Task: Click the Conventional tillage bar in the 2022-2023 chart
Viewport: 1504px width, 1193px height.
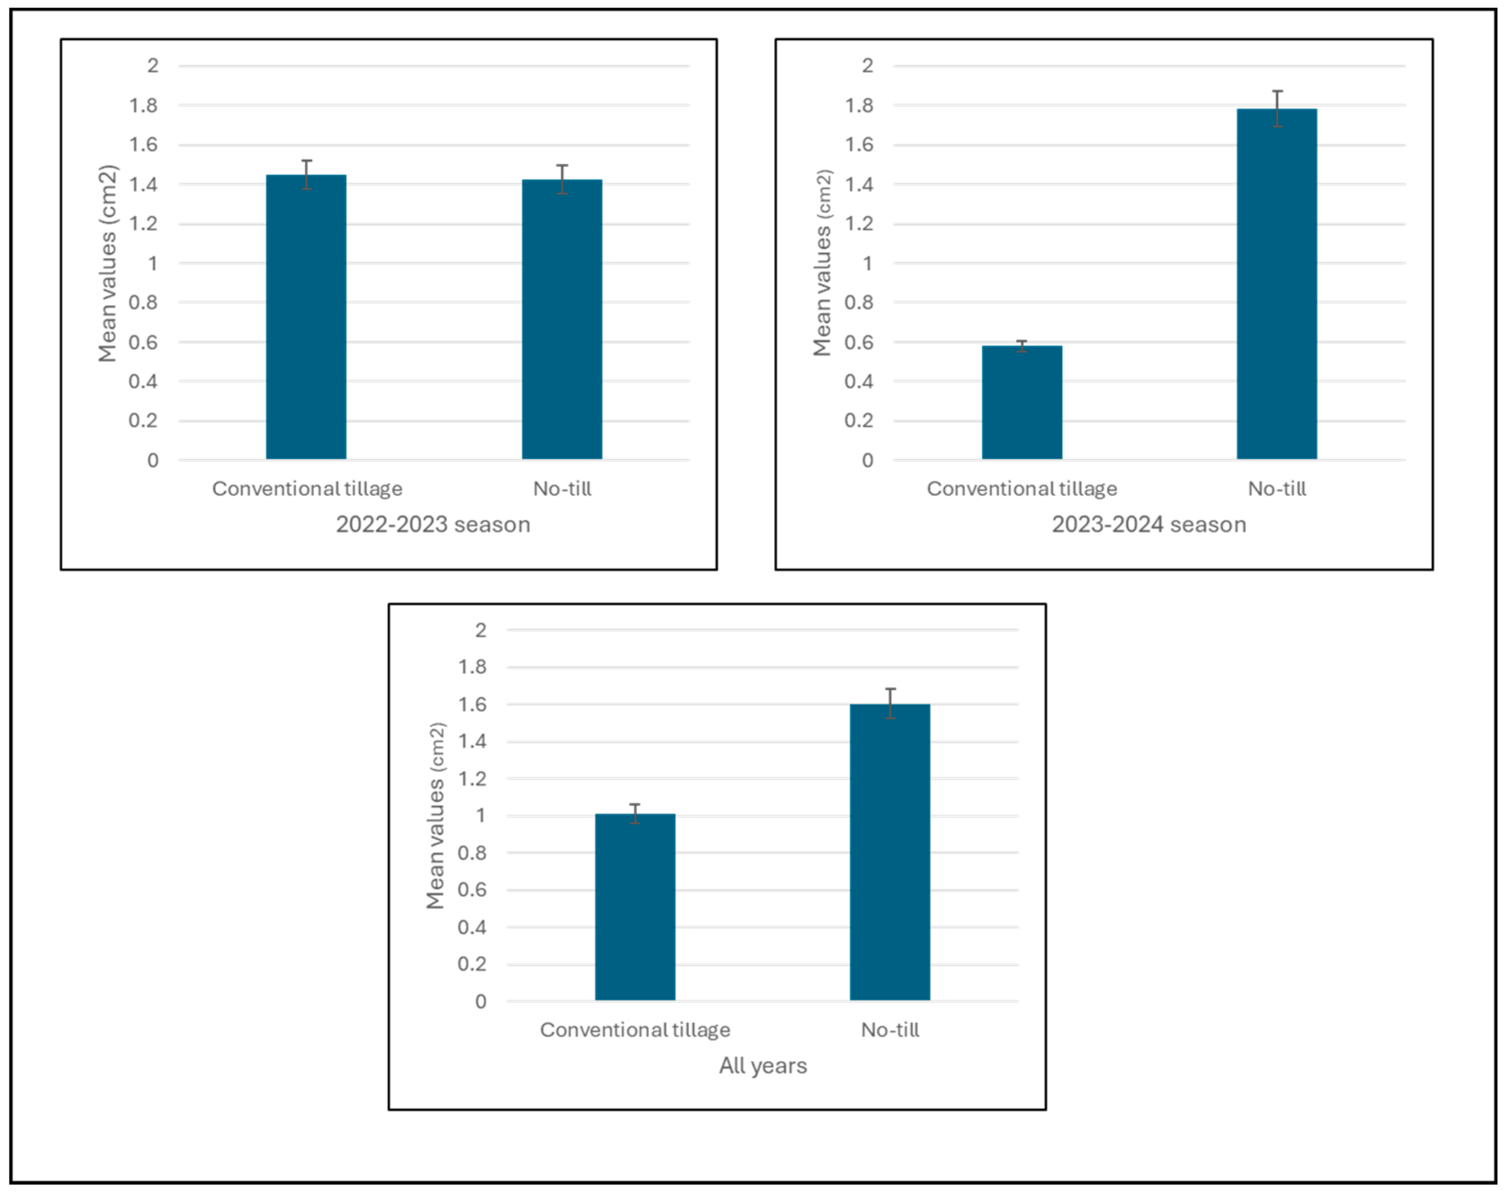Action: [306, 317]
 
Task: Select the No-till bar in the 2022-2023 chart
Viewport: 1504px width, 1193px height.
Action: [562, 319]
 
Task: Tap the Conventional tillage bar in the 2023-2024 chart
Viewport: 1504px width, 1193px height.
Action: [1021, 403]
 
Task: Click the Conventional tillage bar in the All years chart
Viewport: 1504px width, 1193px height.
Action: [635, 907]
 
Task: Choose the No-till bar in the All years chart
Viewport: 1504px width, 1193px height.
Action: [889, 852]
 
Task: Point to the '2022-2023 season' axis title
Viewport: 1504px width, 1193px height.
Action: [433, 525]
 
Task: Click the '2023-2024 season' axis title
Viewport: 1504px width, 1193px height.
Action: [1149, 525]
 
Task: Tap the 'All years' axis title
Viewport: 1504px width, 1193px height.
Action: [763, 1065]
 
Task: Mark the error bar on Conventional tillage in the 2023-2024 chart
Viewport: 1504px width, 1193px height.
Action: [1021, 346]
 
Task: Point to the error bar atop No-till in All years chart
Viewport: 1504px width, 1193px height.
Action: [890, 703]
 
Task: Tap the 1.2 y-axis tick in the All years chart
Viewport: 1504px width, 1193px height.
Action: [472, 779]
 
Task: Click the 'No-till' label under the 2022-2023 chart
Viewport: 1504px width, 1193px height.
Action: [562, 489]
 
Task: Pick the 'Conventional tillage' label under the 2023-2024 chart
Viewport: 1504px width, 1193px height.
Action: [1021, 489]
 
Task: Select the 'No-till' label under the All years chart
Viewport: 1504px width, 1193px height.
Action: [889, 1030]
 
